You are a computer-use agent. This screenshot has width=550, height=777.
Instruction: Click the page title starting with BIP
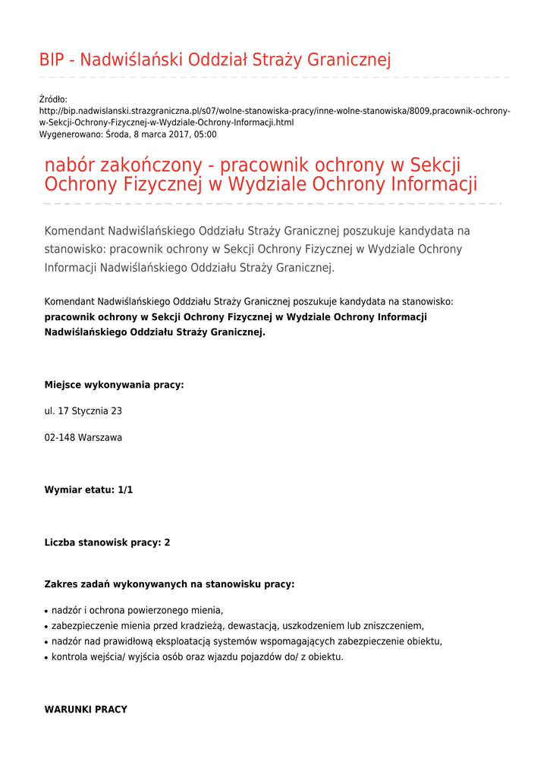pyautogui.click(x=215, y=59)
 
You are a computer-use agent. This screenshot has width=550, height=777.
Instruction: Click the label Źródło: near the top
pyautogui.click(x=53, y=99)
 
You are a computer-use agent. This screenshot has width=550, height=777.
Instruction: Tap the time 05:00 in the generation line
pyautogui.click(x=205, y=134)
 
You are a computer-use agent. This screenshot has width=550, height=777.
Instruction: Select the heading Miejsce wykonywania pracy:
pyautogui.click(x=114, y=385)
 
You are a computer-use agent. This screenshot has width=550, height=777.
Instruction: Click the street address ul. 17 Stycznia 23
pyautogui.click(x=83, y=411)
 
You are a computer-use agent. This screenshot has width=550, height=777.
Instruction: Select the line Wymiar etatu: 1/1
pyautogui.click(x=89, y=489)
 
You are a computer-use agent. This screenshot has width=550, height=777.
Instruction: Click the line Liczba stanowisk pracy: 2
pyautogui.click(x=107, y=543)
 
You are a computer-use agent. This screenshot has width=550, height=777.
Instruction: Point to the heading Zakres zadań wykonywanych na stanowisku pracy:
pyautogui.click(x=169, y=584)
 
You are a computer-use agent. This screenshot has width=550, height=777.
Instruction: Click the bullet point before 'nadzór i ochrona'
pyautogui.click(x=47, y=611)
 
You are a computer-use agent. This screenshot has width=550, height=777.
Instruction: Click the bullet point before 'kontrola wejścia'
pyautogui.click(x=47, y=657)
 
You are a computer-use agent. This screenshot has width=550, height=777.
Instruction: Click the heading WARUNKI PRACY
pyautogui.click(x=86, y=709)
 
